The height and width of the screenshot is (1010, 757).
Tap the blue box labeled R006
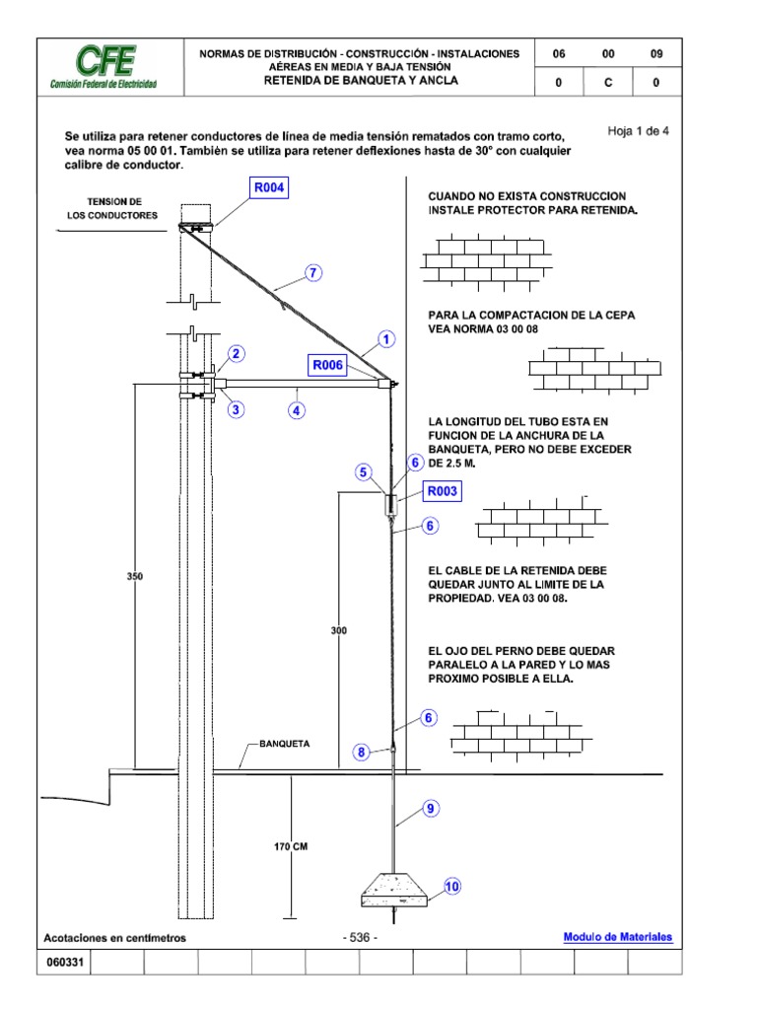tap(327, 366)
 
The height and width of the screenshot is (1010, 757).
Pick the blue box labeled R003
tap(443, 490)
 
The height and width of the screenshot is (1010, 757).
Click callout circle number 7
tap(313, 274)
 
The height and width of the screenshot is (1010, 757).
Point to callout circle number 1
tap(386, 339)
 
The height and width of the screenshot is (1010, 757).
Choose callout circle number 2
tap(237, 354)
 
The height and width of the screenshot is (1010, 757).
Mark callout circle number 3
tap(237, 409)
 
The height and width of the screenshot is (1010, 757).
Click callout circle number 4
tap(295, 410)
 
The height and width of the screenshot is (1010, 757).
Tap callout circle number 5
tap(365, 473)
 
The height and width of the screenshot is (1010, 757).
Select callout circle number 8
tap(363, 753)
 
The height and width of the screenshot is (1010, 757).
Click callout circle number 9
tap(430, 809)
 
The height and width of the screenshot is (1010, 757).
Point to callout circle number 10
tap(452, 886)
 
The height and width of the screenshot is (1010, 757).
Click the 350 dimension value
tap(135, 576)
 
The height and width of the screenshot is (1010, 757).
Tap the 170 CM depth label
tap(292, 846)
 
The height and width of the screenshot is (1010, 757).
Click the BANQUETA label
tap(284, 744)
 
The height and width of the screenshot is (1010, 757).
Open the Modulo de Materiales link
tap(618, 937)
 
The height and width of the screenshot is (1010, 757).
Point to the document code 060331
tap(64, 963)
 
